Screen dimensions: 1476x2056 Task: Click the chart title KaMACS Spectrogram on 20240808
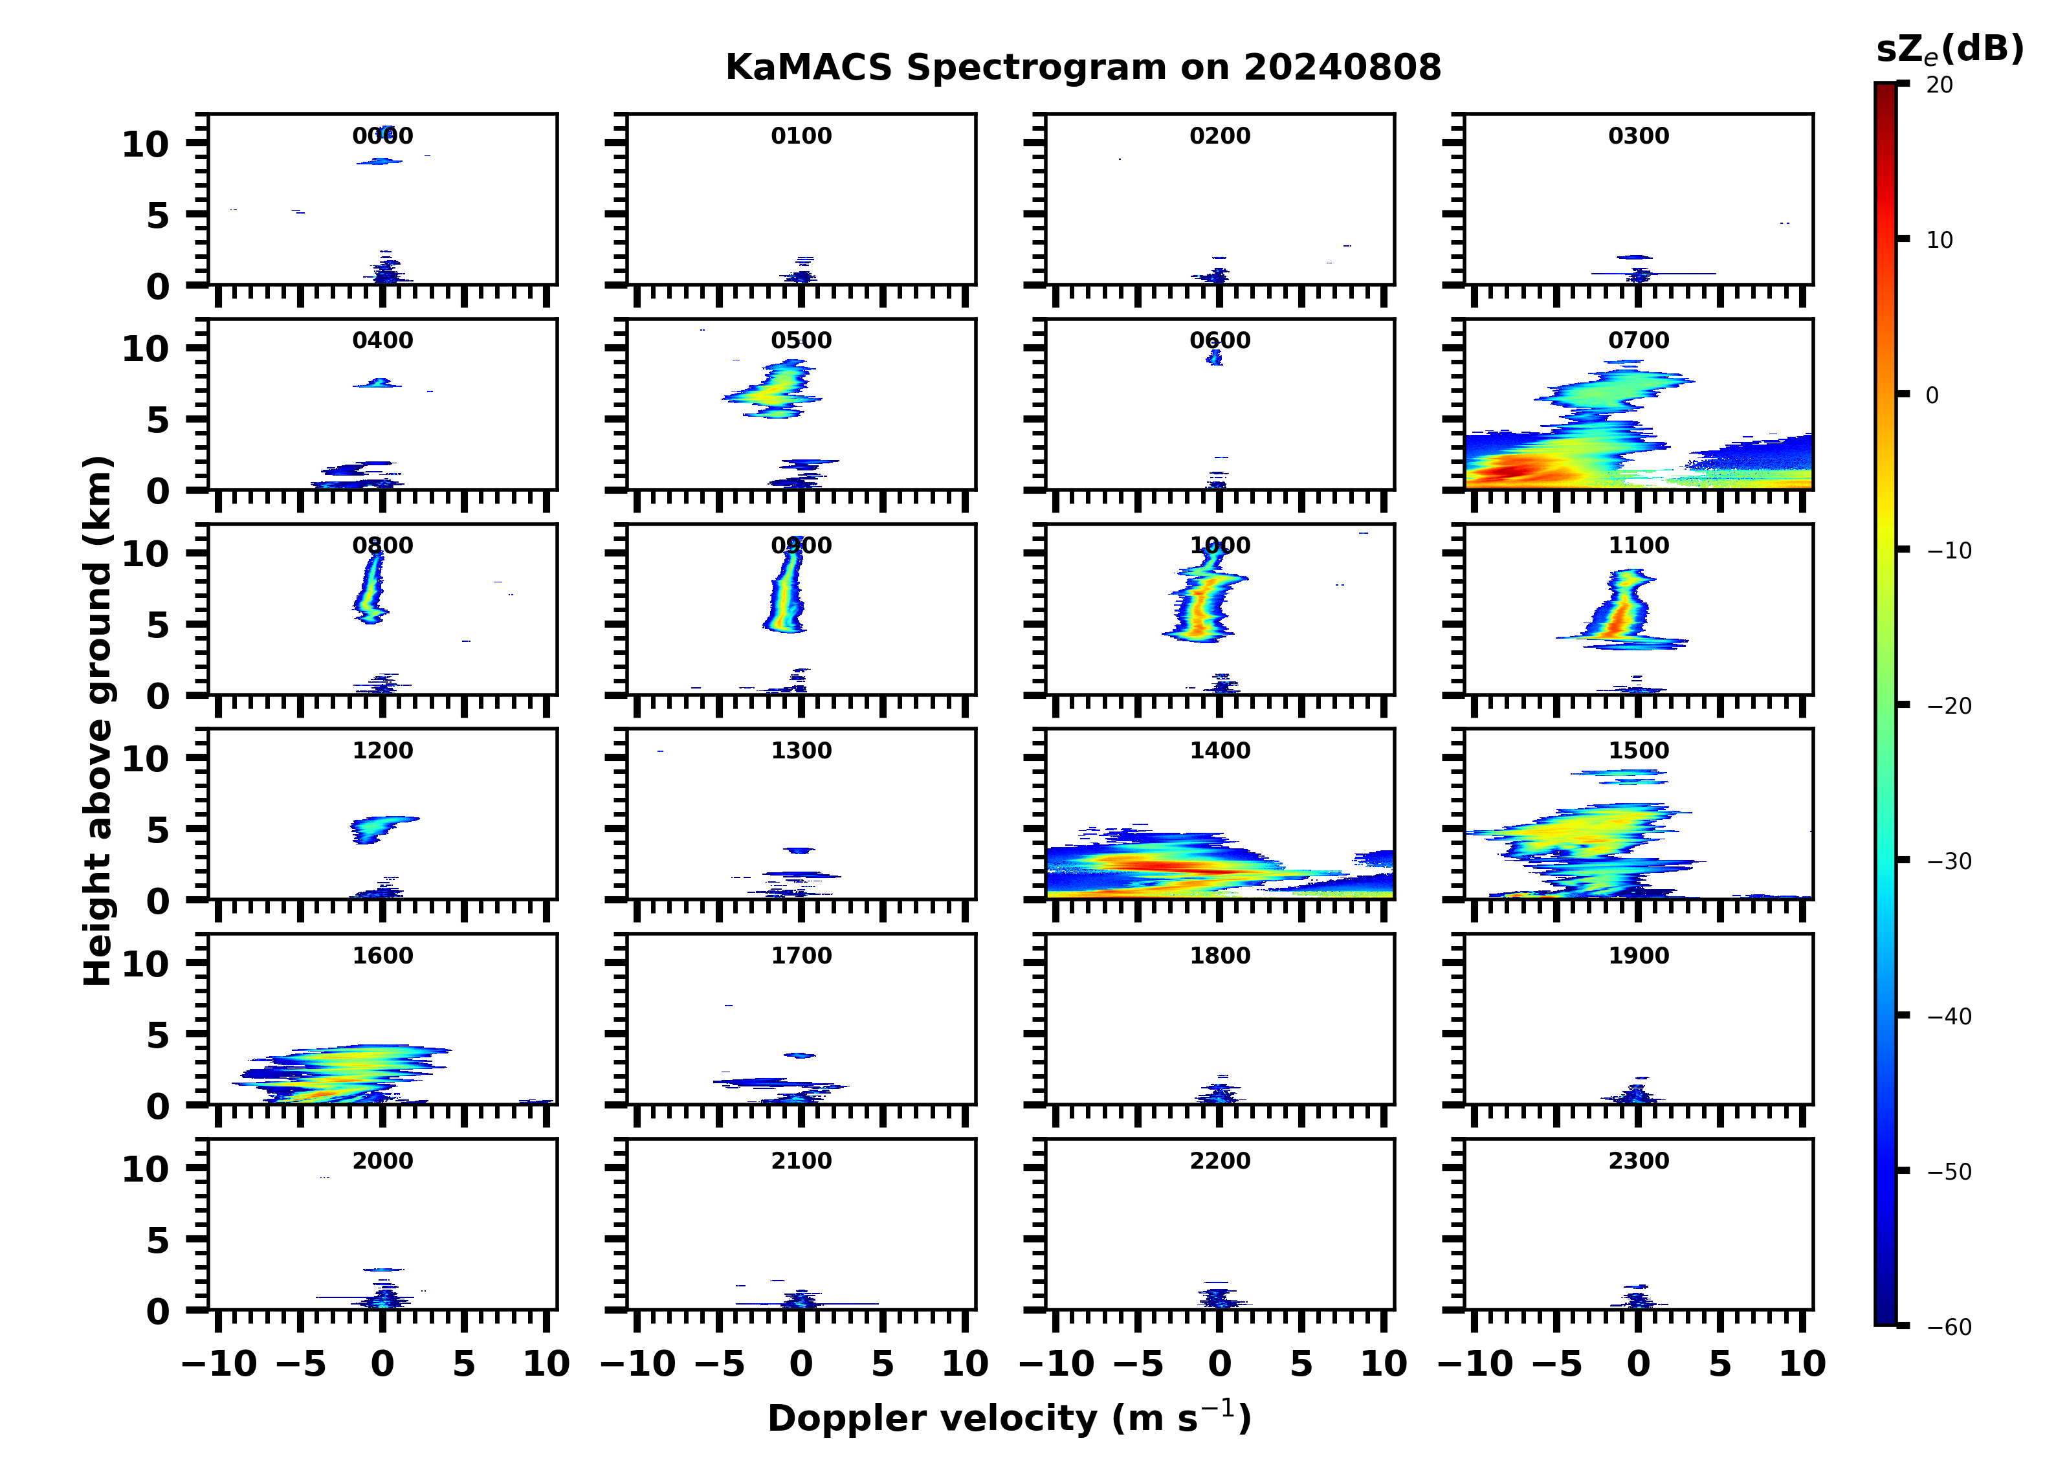[1083, 68]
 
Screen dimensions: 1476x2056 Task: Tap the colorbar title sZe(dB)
[1949, 49]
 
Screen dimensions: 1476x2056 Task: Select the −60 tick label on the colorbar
[1947, 1327]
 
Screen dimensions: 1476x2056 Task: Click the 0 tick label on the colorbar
[1932, 395]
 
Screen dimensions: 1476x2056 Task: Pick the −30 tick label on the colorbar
[1947, 861]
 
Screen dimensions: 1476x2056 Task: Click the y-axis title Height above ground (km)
[98, 721]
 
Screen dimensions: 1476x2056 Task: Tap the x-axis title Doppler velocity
[1009, 1418]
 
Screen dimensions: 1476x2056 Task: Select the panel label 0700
[1638, 341]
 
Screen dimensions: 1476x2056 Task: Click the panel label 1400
[1219, 751]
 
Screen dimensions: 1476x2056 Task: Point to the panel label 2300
[1638, 1160]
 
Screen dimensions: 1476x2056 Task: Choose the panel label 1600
[382, 956]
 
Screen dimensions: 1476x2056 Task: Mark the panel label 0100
[801, 136]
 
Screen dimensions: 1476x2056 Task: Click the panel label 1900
[1638, 956]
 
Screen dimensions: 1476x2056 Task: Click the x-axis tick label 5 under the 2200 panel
[1301, 1363]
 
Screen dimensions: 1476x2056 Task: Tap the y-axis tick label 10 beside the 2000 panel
[145, 1169]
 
